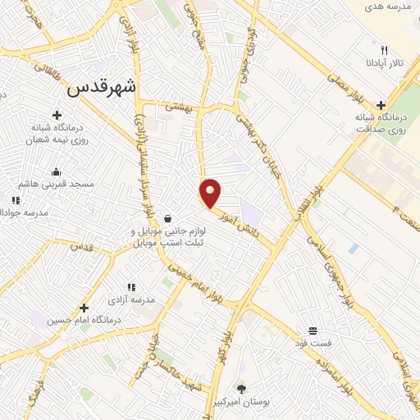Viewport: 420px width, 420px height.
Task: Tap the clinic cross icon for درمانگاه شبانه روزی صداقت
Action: pyautogui.click(x=381, y=105)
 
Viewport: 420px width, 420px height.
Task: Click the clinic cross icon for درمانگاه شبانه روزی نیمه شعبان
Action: pyautogui.click(x=57, y=116)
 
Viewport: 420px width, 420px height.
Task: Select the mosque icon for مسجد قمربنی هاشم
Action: pyautogui.click(x=56, y=171)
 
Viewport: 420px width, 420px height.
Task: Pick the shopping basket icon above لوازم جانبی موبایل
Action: pyautogui.click(x=167, y=219)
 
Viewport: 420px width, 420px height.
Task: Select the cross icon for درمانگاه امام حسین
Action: pyautogui.click(x=83, y=308)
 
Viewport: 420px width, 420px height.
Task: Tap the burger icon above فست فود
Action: pyautogui.click(x=313, y=331)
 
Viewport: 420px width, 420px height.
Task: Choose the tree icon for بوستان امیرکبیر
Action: pyautogui.click(x=241, y=388)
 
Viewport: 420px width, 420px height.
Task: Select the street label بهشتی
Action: pyautogui.click(x=178, y=107)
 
